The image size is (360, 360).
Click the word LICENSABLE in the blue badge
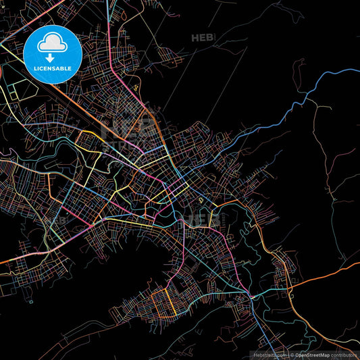pos(52,69)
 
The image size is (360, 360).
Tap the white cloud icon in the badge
pos(52,45)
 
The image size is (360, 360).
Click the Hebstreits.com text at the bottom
pos(269,355)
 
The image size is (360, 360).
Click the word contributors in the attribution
pos(344,355)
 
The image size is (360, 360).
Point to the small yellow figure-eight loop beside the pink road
pos(136,87)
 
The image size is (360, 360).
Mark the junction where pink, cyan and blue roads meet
pos(251,295)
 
